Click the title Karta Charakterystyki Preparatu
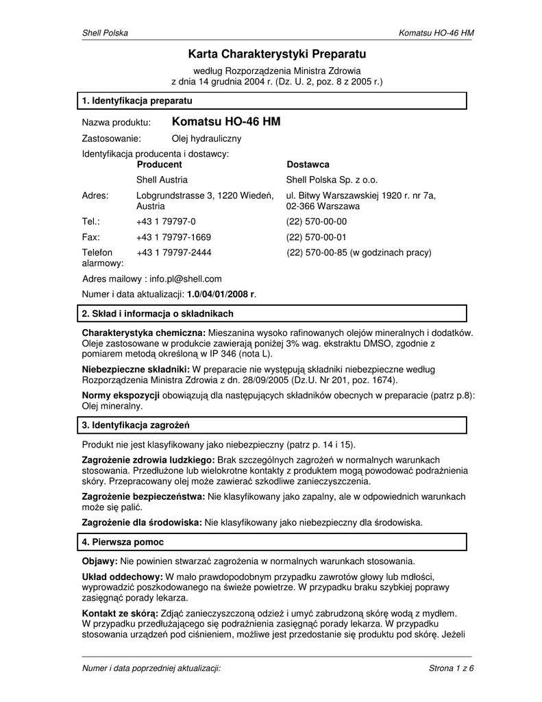[x=278, y=53]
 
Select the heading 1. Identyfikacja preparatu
[x=136, y=101]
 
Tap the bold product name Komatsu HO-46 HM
[x=225, y=122]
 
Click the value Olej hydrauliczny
[x=201, y=139]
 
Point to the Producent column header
[x=159, y=165]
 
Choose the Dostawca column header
[x=308, y=165]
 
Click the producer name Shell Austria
[x=162, y=180]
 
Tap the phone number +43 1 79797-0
[x=166, y=221]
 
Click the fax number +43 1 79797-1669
[x=173, y=237]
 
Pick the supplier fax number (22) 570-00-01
[x=317, y=237]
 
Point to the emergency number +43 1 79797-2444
[x=173, y=253]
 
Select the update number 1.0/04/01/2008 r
[x=221, y=294]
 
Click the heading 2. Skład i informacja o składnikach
[x=158, y=314]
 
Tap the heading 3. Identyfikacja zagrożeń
[x=136, y=425]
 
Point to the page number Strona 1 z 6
[x=452, y=668]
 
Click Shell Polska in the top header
[x=105, y=34]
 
